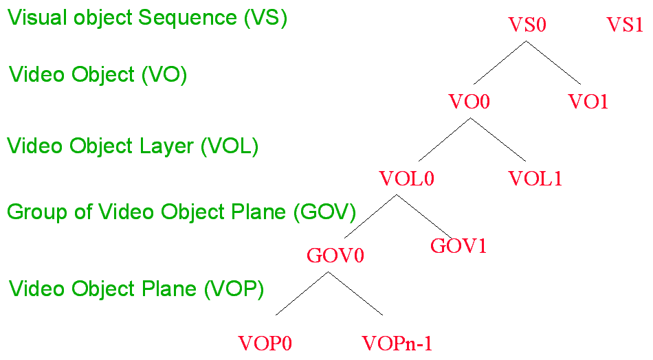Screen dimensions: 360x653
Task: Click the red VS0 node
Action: (x=527, y=25)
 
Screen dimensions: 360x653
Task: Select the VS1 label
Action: (x=624, y=25)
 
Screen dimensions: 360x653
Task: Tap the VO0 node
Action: (x=469, y=102)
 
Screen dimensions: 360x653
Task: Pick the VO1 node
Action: (x=588, y=102)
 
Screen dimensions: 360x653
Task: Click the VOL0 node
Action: (x=407, y=179)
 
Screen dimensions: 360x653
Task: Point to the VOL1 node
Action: (x=535, y=179)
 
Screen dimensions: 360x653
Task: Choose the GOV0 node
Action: (x=335, y=256)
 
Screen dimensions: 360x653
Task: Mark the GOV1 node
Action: (x=458, y=246)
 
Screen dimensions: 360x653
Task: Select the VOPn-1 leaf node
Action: (x=397, y=343)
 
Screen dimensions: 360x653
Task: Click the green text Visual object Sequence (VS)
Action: (x=147, y=18)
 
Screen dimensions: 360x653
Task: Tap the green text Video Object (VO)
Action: (x=98, y=75)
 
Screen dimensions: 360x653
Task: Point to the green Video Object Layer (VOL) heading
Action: (x=133, y=146)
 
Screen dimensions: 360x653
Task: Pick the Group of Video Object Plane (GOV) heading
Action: (x=181, y=212)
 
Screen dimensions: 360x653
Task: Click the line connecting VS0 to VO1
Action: (x=553, y=63)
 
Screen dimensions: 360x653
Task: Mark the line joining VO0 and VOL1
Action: (x=498, y=139)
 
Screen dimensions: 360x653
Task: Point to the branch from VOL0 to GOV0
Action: (x=367, y=218)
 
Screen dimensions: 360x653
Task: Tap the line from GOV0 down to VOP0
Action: (x=301, y=293)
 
